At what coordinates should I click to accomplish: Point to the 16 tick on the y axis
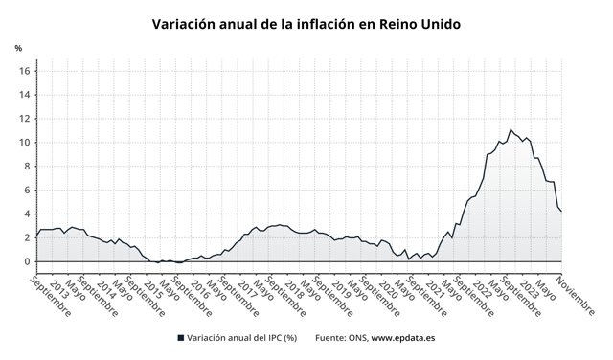point(25,71)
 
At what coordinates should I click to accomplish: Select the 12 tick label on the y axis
point(25,119)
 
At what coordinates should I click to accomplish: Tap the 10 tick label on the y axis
point(25,143)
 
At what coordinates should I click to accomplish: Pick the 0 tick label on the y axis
point(28,262)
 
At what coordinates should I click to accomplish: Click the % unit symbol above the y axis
point(18,48)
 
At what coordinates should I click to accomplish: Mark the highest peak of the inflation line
point(511,129)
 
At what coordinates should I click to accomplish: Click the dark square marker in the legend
point(181,338)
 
